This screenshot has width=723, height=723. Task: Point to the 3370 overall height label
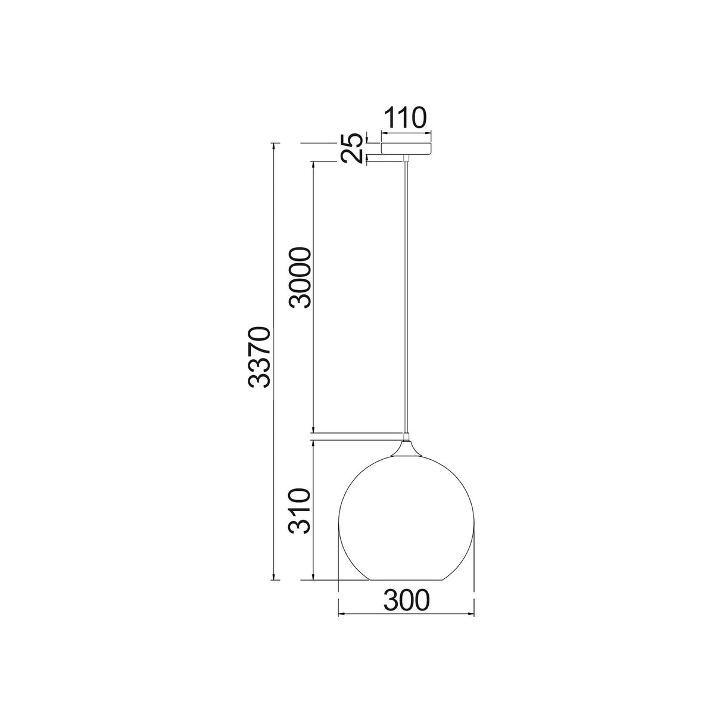(259, 357)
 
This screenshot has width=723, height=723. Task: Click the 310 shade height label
(300, 511)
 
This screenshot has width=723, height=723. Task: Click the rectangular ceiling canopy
(406, 148)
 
